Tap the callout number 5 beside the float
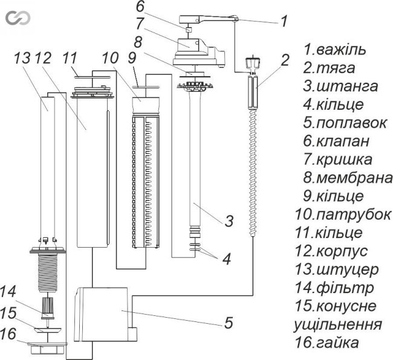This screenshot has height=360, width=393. click(x=227, y=323)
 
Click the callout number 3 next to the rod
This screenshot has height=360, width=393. click(x=229, y=220)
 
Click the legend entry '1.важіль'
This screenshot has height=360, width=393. click(x=336, y=48)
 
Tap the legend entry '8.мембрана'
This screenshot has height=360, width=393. click(x=345, y=178)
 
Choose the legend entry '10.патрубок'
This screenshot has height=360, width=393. click(x=348, y=214)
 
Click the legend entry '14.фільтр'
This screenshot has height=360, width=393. click(x=339, y=288)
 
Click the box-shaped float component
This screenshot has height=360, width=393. click(x=103, y=313)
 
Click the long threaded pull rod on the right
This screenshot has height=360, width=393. click(x=250, y=181)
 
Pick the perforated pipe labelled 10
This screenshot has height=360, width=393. click(x=145, y=181)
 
